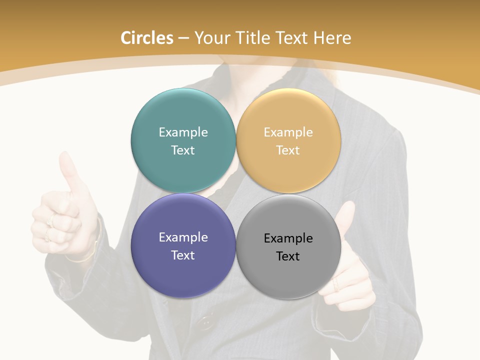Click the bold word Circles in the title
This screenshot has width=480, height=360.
point(146,38)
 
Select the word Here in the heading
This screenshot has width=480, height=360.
point(332,38)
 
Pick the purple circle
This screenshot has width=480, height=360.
point(183,270)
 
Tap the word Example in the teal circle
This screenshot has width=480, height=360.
point(183,132)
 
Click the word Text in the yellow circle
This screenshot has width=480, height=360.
point(288,150)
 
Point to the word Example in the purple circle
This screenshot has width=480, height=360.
point(183,237)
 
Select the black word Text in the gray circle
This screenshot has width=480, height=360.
point(288,256)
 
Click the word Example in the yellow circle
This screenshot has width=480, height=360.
point(288,132)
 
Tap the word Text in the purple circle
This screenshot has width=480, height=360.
point(183,255)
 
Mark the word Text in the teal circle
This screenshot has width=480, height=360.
point(183,150)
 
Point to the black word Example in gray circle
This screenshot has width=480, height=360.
point(288,238)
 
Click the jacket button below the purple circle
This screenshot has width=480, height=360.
point(205,322)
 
